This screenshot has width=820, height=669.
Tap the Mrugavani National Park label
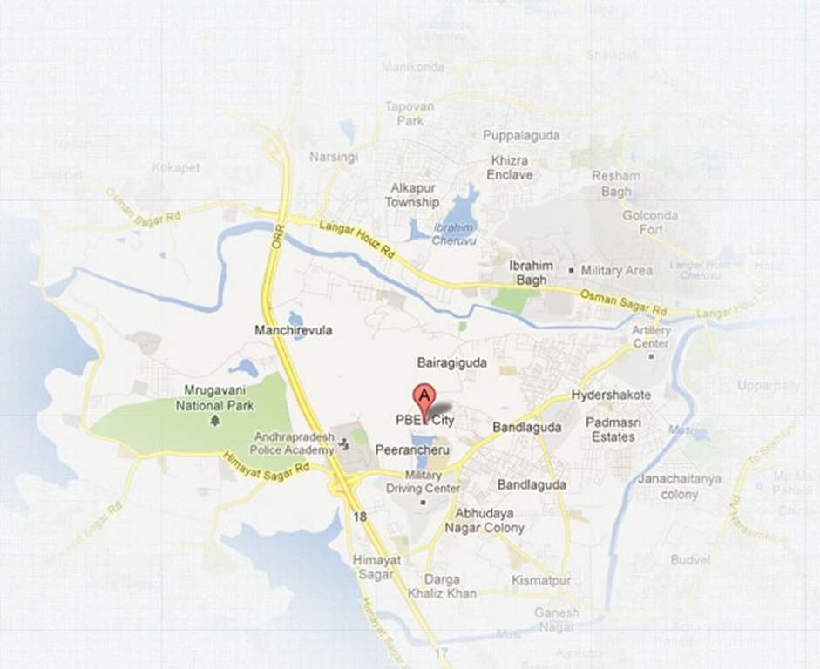(x=214, y=397)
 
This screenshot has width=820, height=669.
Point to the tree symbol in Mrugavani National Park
(x=214, y=421)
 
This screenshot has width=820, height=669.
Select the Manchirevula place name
(x=293, y=331)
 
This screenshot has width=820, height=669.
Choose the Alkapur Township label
(x=412, y=195)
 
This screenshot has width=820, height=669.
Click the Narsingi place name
(x=333, y=157)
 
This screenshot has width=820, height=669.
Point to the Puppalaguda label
(x=521, y=136)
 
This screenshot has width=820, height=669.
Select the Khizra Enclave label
(x=510, y=168)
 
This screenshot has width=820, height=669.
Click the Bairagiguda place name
(x=451, y=362)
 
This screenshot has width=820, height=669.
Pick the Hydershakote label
(x=611, y=395)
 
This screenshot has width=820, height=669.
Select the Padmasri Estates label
(x=613, y=429)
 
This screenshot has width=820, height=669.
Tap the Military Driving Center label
(x=424, y=482)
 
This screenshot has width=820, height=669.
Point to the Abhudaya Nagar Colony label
(x=485, y=521)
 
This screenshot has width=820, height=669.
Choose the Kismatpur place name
(x=541, y=580)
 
